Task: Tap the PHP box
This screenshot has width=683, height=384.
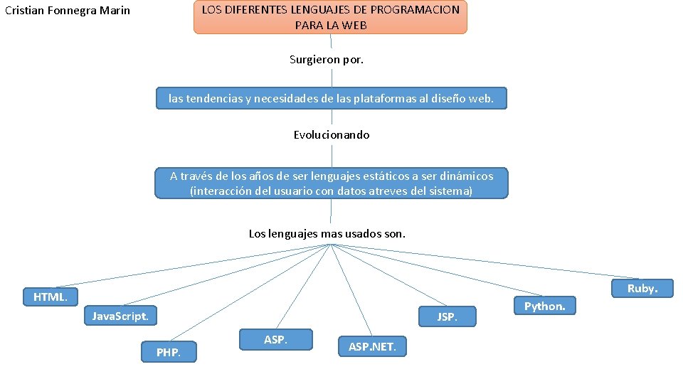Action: (x=169, y=352)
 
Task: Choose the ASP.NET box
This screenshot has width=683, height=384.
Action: (x=377, y=346)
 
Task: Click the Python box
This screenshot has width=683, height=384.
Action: (x=544, y=306)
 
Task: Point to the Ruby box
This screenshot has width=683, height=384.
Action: (x=642, y=288)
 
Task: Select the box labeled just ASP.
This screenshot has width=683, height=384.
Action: (x=275, y=339)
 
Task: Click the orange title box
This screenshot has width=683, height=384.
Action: (x=330, y=18)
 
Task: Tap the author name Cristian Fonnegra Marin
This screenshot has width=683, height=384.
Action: (x=68, y=11)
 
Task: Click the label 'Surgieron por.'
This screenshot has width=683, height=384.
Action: (x=327, y=60)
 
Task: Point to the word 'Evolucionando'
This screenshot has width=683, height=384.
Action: (x=332, y=134)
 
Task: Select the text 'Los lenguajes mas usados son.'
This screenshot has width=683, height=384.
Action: (x=327, y=233)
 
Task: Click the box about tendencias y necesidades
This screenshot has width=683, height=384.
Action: (x=332, y=98)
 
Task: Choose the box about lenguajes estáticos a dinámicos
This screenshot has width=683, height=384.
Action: (x=332, y=183)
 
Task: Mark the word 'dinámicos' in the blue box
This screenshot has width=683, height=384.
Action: (x=466, y=176)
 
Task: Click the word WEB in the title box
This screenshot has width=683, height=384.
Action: (x=354, y=25)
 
